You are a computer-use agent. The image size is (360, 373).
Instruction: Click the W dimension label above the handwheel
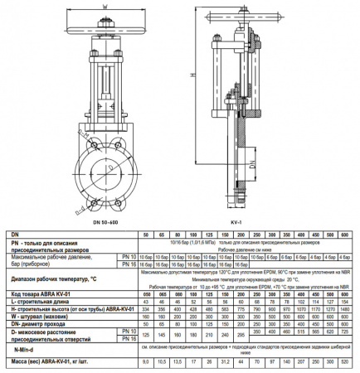point(105,10)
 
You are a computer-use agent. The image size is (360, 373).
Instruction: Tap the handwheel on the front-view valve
point(105,24)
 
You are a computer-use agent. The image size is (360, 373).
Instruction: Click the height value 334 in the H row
point(147,308)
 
